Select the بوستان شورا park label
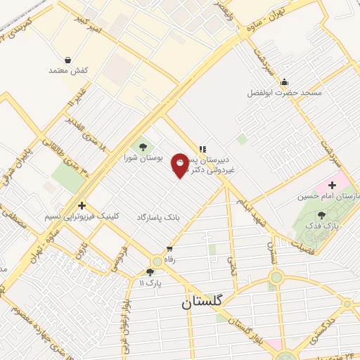pyautogui.click(x=143, y=159)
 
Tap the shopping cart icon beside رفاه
pyautogui.click(x=169, y=249)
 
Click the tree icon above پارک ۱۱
pyautogui.click(x=149, y=272)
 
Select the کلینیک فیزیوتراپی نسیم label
pyautogui.click(x=83, y=218)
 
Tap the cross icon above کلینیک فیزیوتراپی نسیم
pyautogui.click(x=83, y=206)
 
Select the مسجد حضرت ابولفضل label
pyautogui.click(x=284, y=93)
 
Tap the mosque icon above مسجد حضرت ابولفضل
pyautogui.click(x=284, y=81)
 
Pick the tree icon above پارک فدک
pyautogui.click(x=322, y=215)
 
